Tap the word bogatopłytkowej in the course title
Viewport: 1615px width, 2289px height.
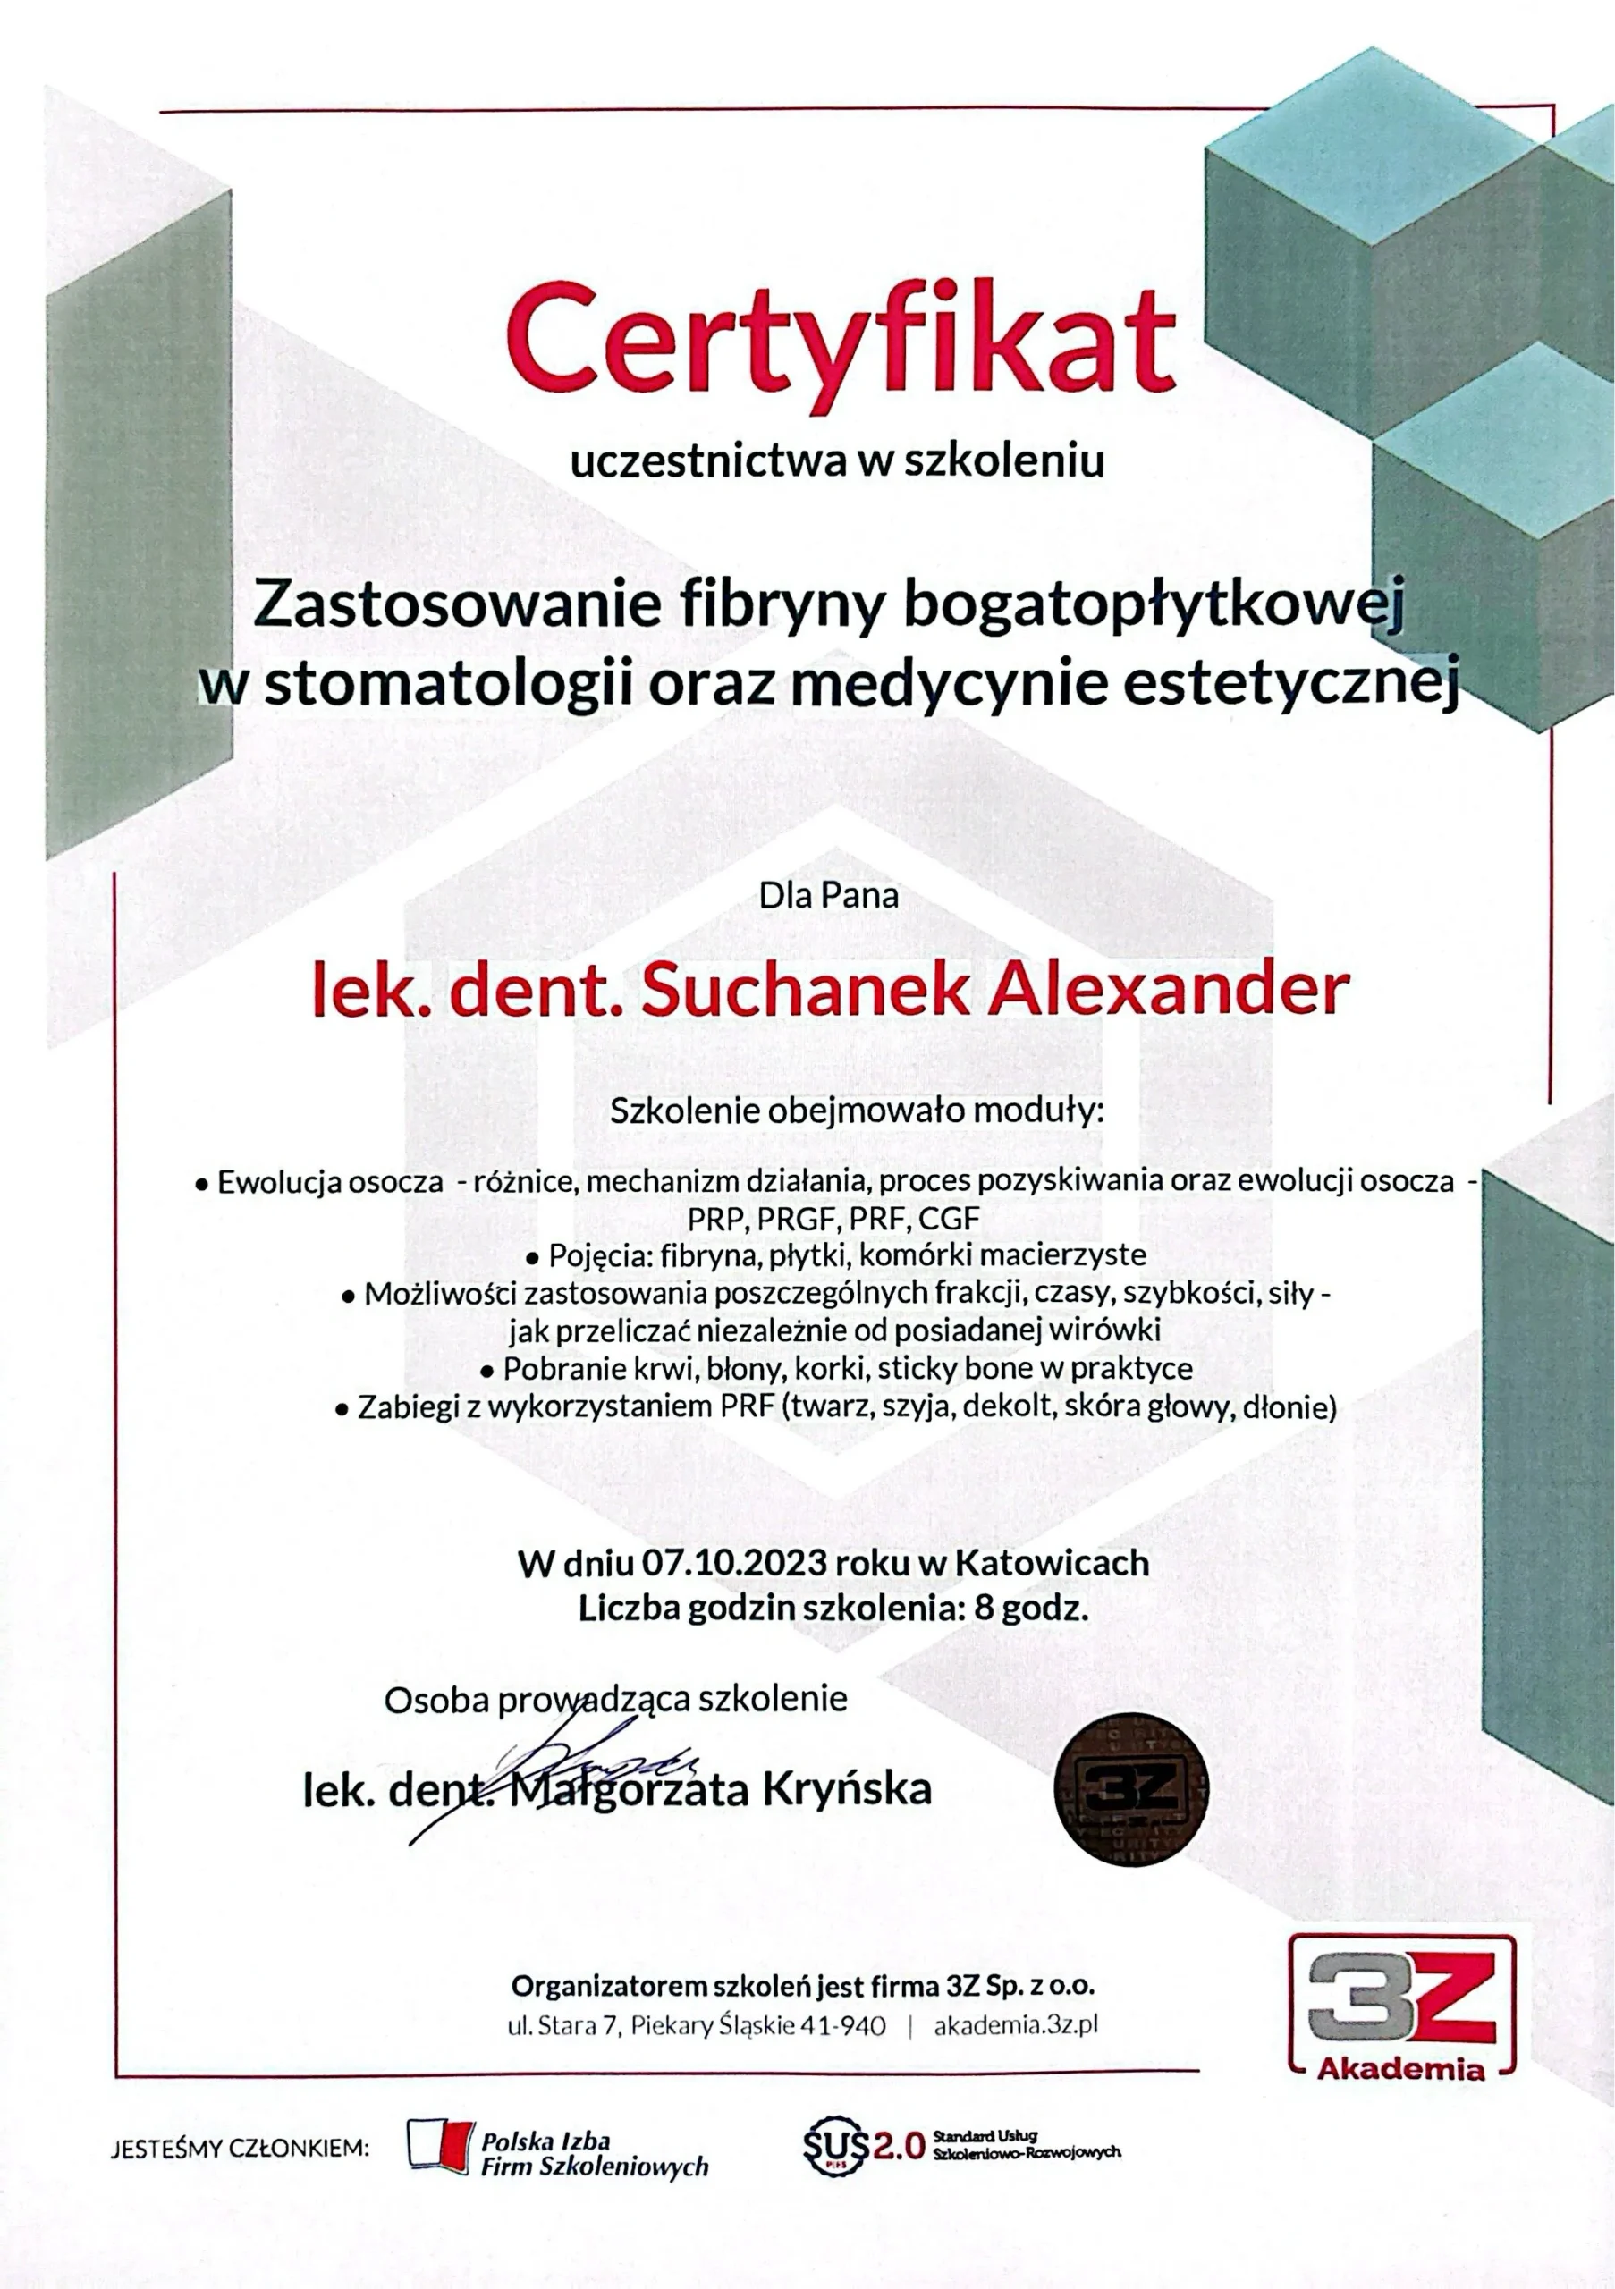(x=1152, y=606)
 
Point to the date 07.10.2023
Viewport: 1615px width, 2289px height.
(x=734, y=1562)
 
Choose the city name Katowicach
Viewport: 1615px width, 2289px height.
(x=1052, y=1562)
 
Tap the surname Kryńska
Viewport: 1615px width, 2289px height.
(x=848, y=1789)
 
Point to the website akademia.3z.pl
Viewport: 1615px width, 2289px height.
(x=1016, y=2025)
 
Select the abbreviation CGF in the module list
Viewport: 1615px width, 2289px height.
(x=949, y=1219)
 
